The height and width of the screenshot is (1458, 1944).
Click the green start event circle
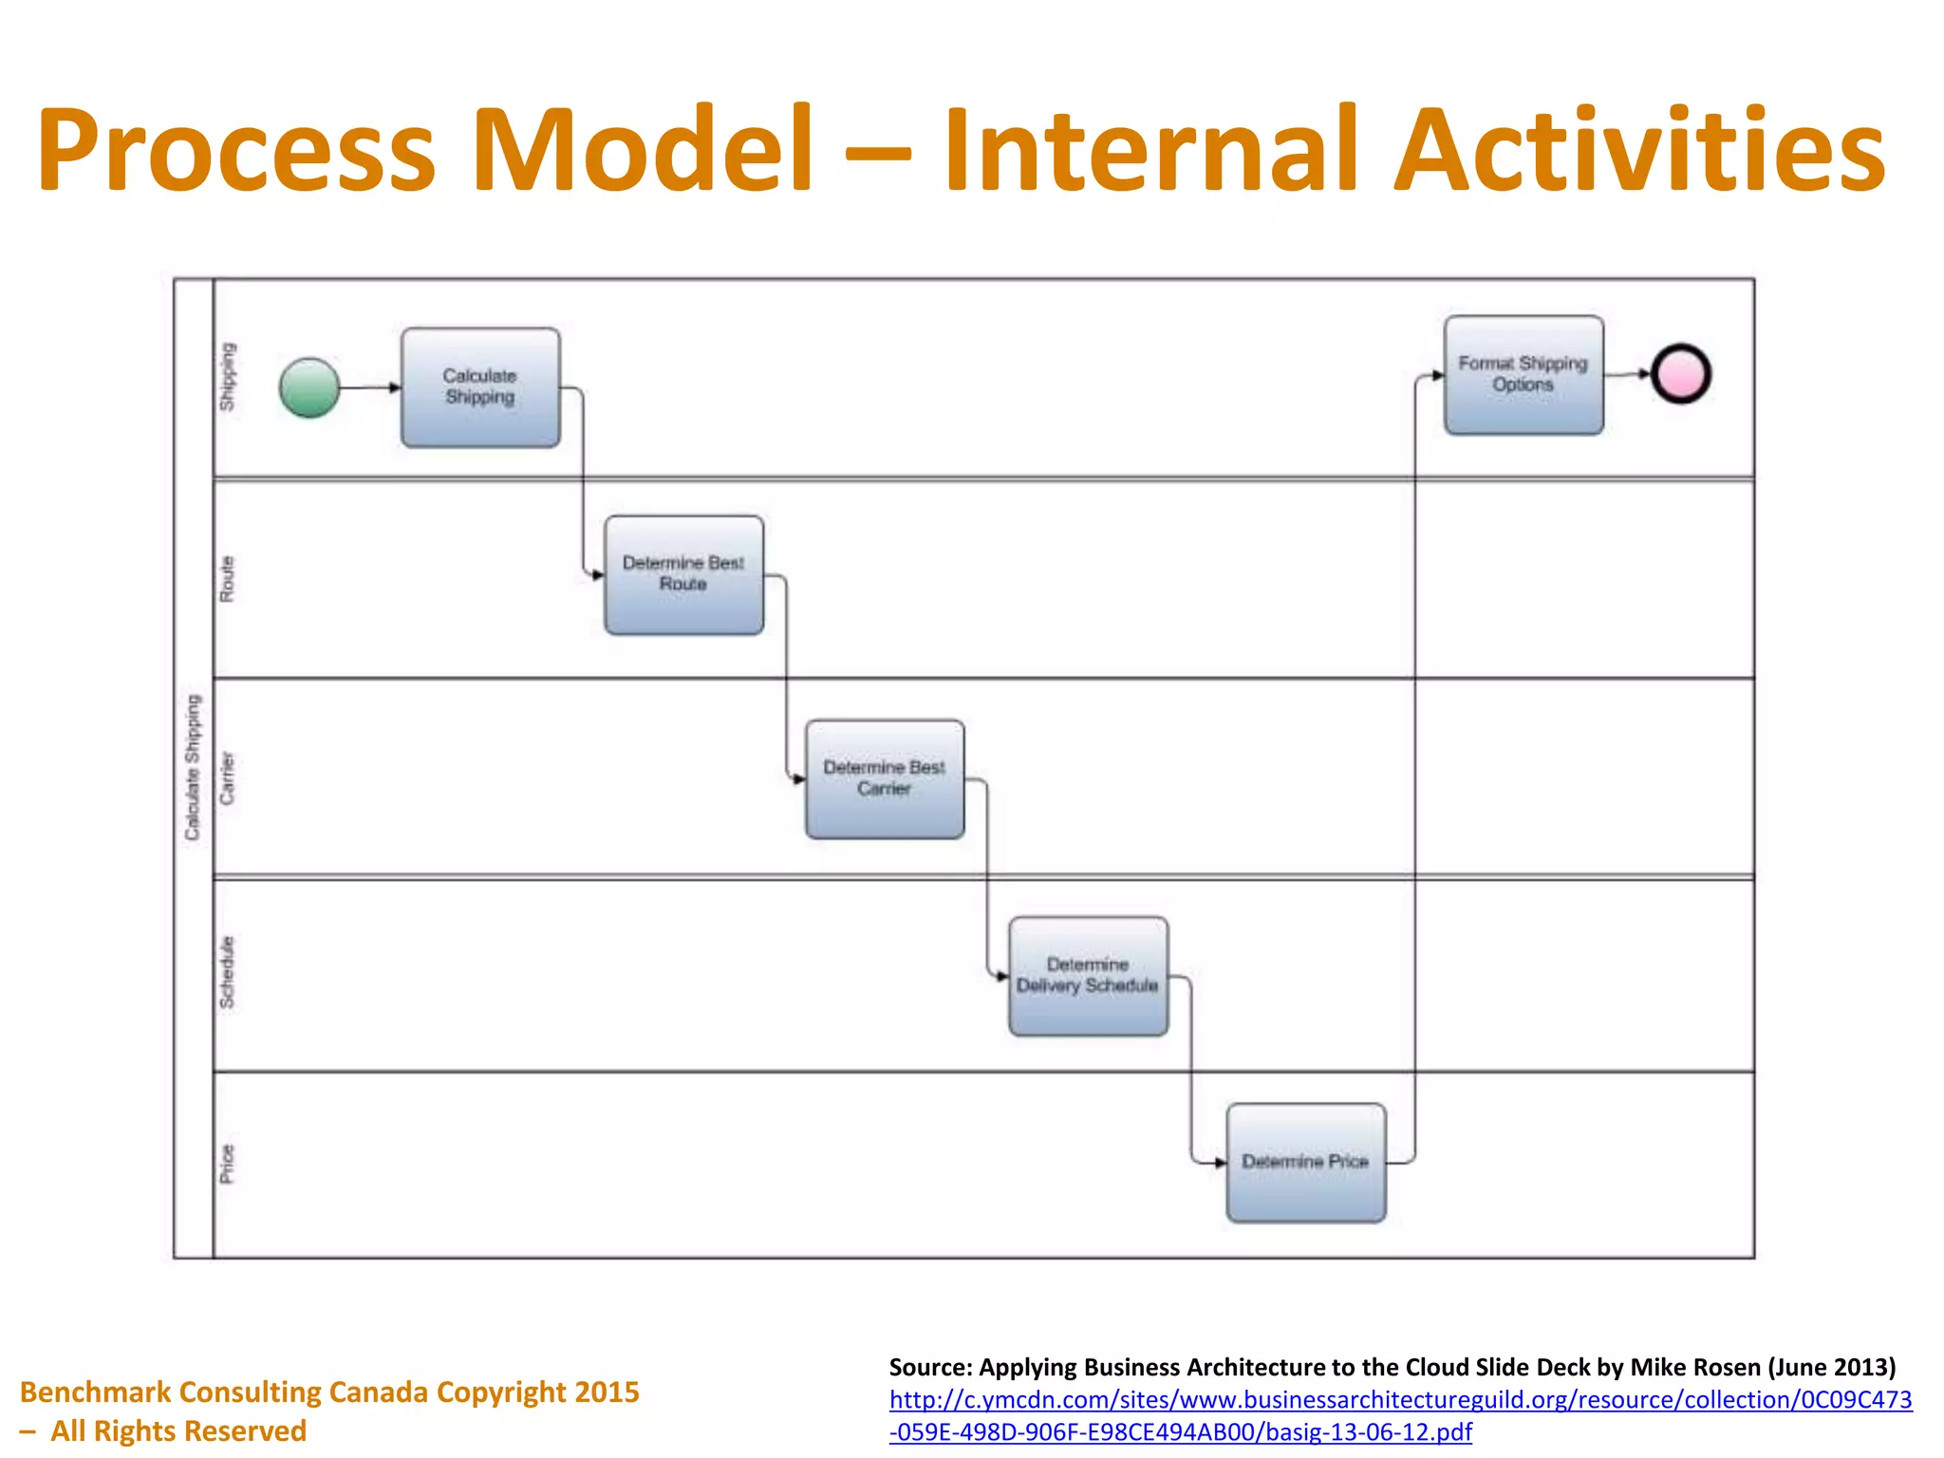(309, 387)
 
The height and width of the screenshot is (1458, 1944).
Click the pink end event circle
(1680, 374)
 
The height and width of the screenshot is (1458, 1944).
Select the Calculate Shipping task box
(480, 387)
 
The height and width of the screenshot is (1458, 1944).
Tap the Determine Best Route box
(683, 575)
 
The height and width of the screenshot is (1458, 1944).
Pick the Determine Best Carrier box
(885, 779)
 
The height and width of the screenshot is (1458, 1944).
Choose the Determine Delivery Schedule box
(1088, 976)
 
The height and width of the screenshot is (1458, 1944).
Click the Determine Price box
(1305, 1163)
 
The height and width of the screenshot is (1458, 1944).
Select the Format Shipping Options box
(1523, 375)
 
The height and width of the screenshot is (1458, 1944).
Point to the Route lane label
(227, 578)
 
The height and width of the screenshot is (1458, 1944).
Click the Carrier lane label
(227, 778)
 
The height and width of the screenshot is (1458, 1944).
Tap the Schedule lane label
(227, 972)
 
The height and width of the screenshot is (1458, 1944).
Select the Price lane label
(227, 1164)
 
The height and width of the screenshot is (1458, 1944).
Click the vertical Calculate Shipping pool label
(193, 767)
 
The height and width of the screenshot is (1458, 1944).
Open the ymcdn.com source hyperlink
(1400, 1400)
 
